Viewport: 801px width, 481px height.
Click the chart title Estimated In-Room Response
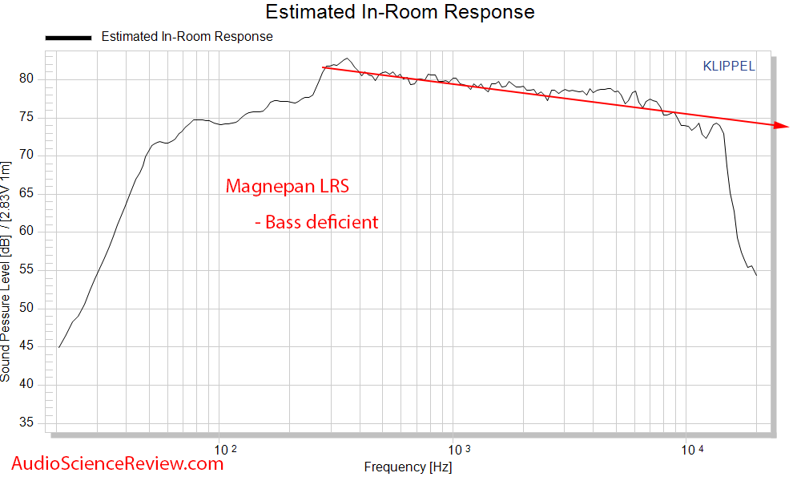coord(400,12)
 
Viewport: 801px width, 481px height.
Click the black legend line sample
coord(68,37)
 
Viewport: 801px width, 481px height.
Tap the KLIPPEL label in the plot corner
coord(728,67)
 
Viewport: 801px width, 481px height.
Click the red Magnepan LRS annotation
coord(288,187)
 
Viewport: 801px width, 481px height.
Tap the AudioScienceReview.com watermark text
coord(119,463)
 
